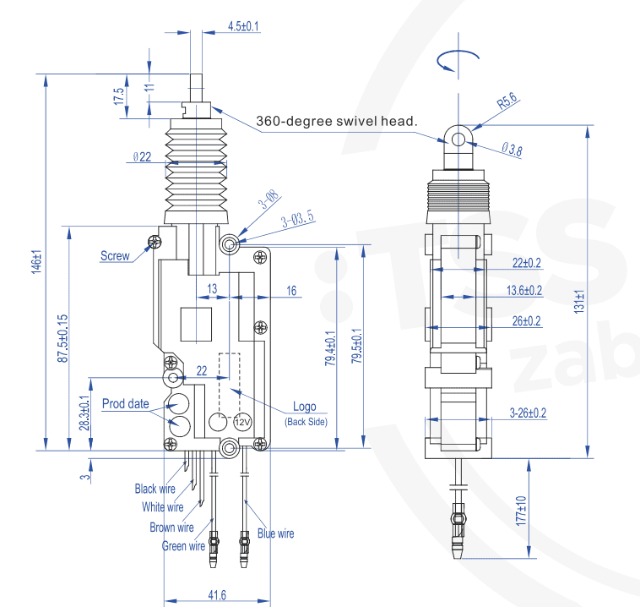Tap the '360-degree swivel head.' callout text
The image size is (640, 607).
pyautogui.click(x=337, y=121)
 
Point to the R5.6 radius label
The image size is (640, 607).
pyautogui.click(x=507, y=102)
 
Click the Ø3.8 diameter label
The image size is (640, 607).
pyautogui.click(x=512, y=150)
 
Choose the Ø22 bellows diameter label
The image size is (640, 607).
pyautogui.click(x=142, y=157)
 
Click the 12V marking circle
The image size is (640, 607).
pyautogui.click(x=243, y=421)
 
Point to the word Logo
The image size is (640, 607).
pyautogui.click(x=304, y=407)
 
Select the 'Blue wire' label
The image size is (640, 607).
pyautogui.click(x=276, y=533)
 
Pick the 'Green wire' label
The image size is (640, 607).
pyautogui.click(x=183, y=546)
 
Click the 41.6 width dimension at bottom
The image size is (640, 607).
pyautogui.click(x=216, y=597)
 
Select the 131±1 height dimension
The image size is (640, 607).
pyautogui.click(x=579, y=304)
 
